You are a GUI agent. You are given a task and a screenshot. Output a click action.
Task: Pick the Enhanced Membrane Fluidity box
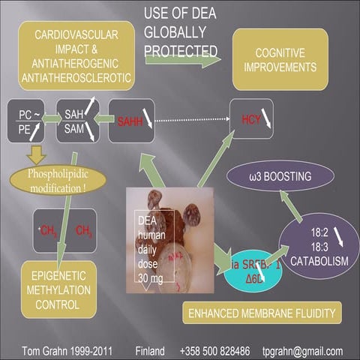[262, 312]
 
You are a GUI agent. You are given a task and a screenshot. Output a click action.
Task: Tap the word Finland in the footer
[152, 350]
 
